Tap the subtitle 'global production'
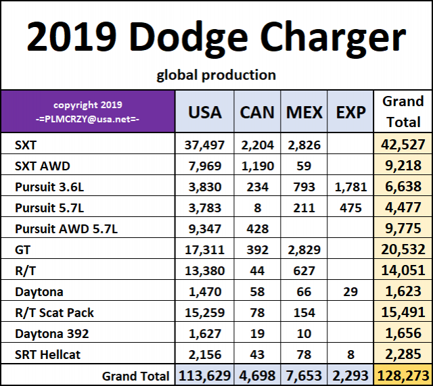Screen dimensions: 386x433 [216, 75]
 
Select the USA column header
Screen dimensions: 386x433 [204, 112]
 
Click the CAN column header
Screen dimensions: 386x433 [257, 112]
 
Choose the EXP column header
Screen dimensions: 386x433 [350, 112]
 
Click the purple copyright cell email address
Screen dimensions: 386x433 [88, 118]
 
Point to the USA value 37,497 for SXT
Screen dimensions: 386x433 [204, 144]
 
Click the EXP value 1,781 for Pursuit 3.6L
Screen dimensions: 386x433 [350, 186]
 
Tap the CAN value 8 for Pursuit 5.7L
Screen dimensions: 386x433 [257, 208]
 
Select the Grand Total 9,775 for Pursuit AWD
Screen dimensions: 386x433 [403, 229]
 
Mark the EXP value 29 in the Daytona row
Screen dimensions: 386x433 [350, 293]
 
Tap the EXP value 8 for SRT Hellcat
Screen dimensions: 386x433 [350, 354]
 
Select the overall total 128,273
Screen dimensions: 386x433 [403, 375]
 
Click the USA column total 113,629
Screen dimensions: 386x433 [204, 375]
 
